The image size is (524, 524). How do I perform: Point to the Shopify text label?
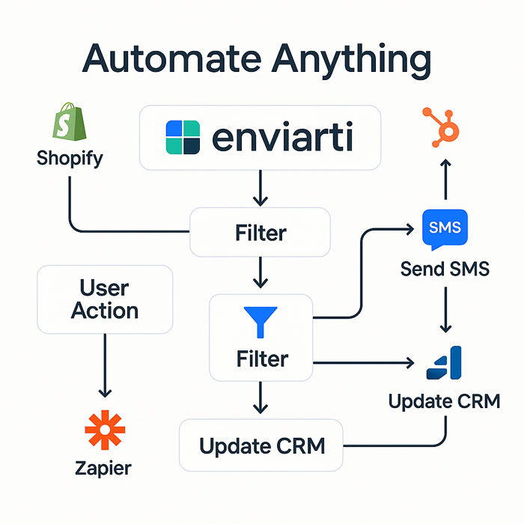click(70, 159)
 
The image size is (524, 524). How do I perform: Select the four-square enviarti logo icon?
click(182, 138)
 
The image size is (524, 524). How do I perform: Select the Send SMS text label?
click(445, 268)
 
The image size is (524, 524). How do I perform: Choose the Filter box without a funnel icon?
click(260, 232)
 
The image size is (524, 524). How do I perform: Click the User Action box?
click(105, 299)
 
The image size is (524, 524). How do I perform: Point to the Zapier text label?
click(104, 469)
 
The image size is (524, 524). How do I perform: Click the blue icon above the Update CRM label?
click(445, 364)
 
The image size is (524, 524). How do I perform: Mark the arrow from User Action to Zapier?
click(105, 367)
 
